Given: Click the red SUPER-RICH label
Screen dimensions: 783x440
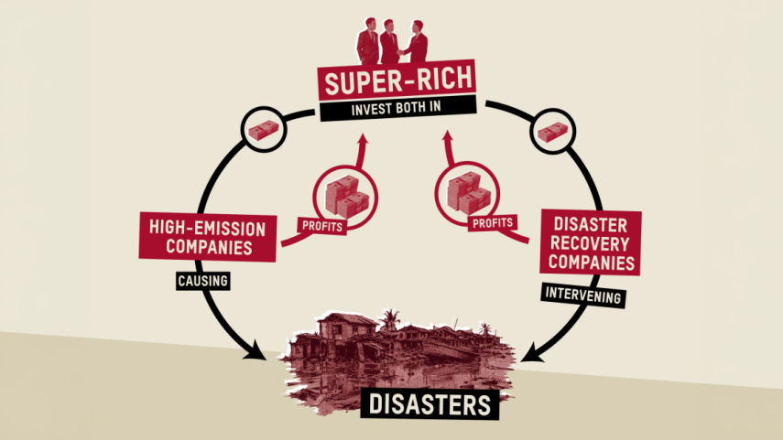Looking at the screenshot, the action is (397, 80).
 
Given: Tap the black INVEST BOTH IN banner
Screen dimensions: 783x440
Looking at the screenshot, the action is (398, 109).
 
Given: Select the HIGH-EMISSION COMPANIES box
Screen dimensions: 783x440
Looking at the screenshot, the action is (208, 238).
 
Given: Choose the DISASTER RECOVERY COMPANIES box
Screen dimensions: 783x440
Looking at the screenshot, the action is (591, 243).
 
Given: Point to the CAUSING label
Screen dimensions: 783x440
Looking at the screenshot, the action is (202, 281).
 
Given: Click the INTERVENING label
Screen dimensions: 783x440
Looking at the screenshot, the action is (583, 295).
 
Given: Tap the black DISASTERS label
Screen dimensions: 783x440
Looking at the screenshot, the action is (430, 404).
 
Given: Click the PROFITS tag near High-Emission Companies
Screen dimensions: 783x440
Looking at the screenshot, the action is (322, 226).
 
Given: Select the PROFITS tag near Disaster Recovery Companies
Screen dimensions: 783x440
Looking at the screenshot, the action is (493, 222).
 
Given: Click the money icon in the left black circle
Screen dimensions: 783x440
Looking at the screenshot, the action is (263, 130).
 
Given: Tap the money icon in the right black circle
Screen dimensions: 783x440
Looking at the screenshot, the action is (552, 132).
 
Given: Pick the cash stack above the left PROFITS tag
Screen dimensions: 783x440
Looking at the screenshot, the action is (346, 197).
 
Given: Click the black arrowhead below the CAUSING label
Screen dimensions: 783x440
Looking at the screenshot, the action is (256, 350).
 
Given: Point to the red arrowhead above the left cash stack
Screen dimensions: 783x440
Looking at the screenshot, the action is (363, 139).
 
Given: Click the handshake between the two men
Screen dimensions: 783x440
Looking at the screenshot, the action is (400, 52).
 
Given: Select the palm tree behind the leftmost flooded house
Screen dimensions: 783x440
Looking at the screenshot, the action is (389, 319).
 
